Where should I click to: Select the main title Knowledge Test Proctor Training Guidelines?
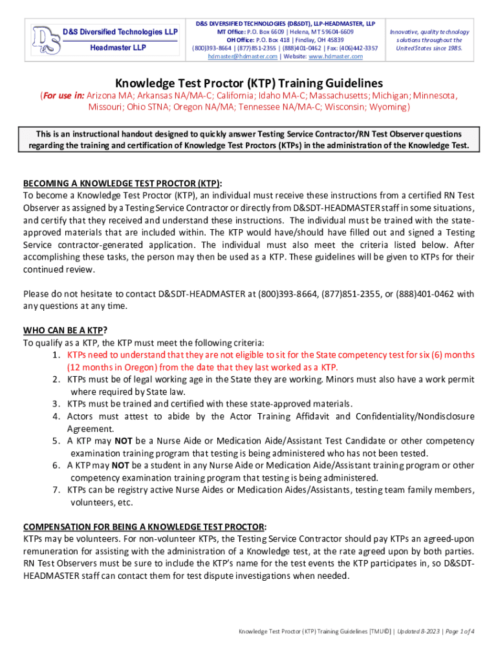click(249, 84)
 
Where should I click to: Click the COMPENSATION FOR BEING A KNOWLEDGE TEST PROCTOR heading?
click(145, 526)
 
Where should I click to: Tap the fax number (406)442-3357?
click(358, 48)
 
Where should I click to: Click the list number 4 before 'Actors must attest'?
click(58, 416)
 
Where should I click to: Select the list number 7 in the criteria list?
click(58, 489)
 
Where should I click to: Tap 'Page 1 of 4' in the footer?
click(457, 631)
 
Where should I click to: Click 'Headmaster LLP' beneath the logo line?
click(117, 49)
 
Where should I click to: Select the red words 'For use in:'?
click(63, 96)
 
